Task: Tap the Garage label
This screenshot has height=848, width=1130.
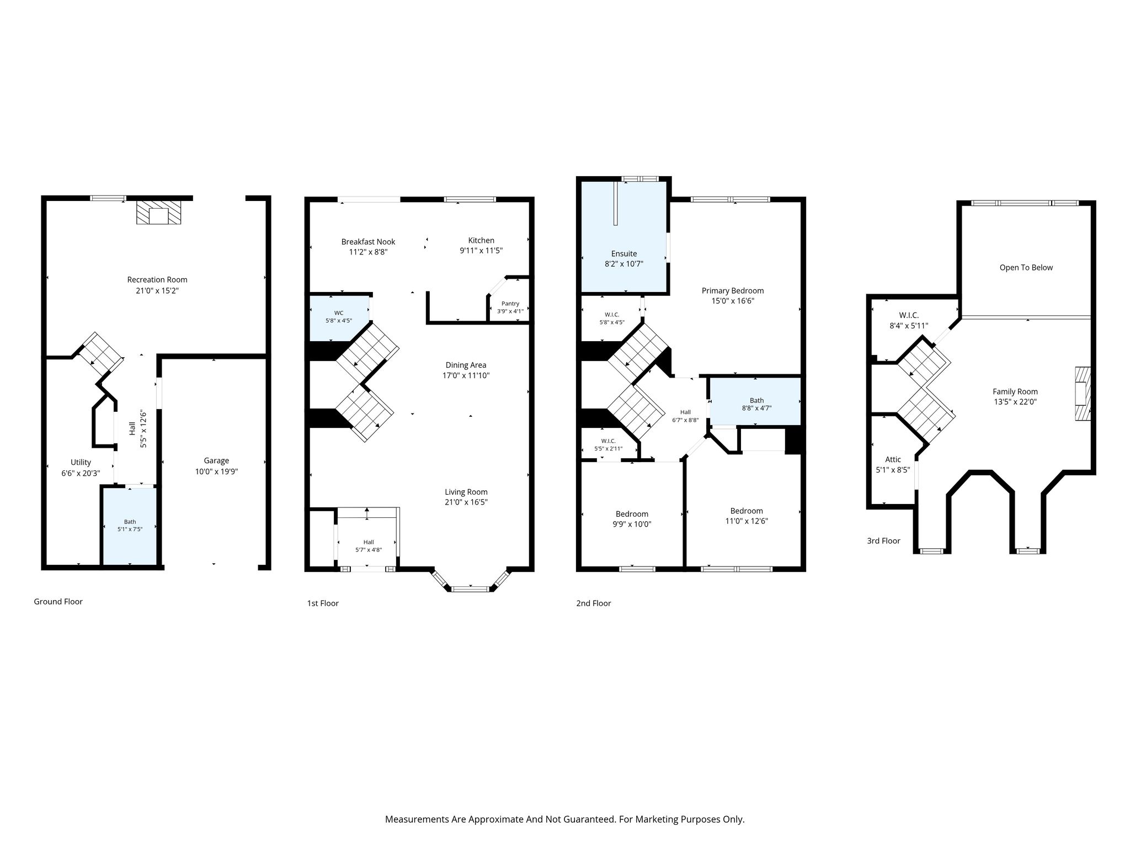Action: point(216,460)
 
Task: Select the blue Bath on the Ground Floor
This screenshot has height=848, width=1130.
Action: point(130,526)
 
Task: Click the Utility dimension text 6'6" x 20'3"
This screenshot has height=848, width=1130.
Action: point(81,473)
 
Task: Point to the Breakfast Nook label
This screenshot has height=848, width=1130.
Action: point(368,242)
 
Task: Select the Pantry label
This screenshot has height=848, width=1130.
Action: point(510,304)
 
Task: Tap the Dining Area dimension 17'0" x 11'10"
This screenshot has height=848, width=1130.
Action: point(466,375)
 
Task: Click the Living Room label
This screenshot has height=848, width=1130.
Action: point(466,492)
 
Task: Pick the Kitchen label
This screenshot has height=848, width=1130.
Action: point(481,240)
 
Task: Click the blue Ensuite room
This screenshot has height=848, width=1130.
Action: point(624,236)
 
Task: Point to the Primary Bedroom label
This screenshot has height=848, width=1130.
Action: point(733,290)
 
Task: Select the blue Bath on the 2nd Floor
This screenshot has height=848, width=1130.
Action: point(755,401)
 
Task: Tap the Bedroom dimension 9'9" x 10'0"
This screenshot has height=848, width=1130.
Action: point(632,524)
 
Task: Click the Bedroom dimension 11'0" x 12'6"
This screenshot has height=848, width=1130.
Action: point(747,521)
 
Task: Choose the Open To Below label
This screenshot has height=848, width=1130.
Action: point(1026,268)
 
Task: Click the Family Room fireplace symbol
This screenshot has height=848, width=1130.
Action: point(1083,394)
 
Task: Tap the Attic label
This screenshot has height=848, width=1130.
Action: point(893,459)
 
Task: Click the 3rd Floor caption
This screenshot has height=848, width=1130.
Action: point(883,541)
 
